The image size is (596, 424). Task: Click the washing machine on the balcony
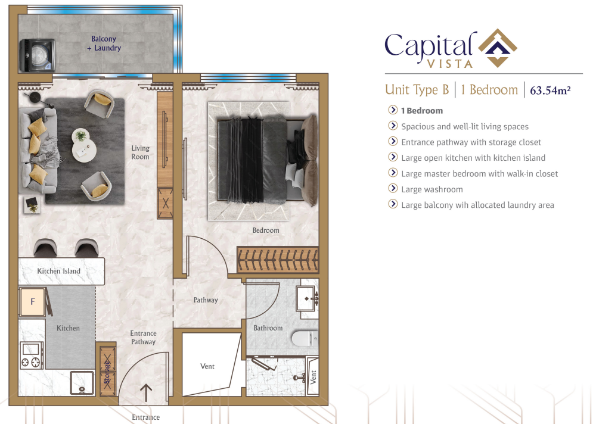37,55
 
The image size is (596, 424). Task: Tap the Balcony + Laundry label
104,43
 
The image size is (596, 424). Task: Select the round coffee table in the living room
84,145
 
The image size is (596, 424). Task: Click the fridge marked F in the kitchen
33,302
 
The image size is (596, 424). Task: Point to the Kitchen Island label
58,272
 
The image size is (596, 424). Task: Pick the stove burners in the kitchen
31,362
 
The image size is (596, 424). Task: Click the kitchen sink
82,382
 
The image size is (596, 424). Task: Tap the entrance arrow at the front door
146,393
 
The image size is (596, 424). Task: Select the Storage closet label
107,372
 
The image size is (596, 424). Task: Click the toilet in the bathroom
305,338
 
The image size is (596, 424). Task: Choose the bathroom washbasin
308,298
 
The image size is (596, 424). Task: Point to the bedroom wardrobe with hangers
278,260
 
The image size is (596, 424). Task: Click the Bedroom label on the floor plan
266,230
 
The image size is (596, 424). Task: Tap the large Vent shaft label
207,366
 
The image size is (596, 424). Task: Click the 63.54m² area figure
550,91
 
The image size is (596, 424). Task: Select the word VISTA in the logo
450,64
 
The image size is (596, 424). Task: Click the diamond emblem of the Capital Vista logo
498,48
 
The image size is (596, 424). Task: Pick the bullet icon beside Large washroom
393,188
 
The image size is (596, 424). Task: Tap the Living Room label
140,152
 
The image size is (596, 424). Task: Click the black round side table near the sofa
35,97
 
